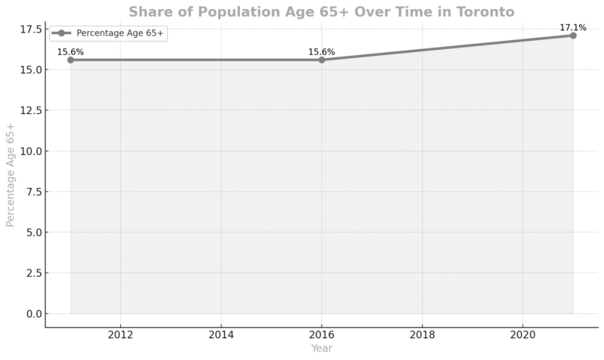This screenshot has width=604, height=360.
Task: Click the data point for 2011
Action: [70, 60]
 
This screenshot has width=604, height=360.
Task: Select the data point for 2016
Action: [322, 60]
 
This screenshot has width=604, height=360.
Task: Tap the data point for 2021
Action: [573, 35]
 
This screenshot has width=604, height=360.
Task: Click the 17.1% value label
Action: [572, 28]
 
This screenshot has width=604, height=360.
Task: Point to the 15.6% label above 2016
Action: [322, 52]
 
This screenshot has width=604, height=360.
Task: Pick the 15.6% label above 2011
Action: [70, 52]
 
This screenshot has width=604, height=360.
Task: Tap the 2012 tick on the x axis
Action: [120, 334]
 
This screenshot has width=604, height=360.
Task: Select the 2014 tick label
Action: [221, 334]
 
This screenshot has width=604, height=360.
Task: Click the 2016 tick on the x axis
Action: [322, 334]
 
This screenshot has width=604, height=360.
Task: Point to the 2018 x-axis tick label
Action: [422, 334]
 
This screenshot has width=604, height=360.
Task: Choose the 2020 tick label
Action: [523, 334]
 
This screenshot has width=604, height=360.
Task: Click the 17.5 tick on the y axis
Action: [30, 29]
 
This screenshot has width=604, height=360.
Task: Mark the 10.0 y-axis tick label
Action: [30, 151]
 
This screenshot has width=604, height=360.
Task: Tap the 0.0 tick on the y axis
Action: [32, 313]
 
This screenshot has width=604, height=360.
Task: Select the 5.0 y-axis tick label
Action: [32, 232]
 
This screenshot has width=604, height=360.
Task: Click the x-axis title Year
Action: [322, 349]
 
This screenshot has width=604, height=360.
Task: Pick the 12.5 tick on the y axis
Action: [30, 110]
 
